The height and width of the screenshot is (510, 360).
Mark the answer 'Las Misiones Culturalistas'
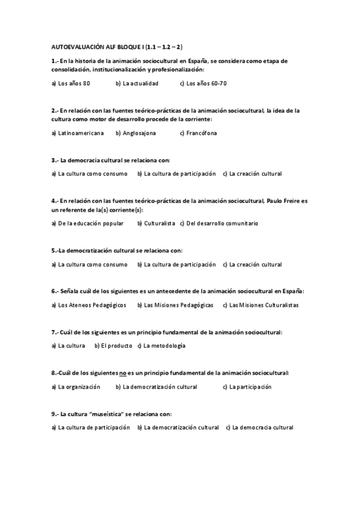tap(260, 305)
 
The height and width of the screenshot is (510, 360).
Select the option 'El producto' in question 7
tap(112, 346)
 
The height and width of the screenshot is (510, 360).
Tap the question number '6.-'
tap(55, 291)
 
